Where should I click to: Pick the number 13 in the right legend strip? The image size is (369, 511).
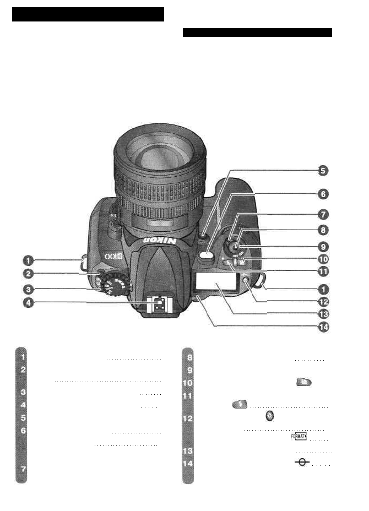pos(188,451)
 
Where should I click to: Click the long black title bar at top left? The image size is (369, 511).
pos(89,14)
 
